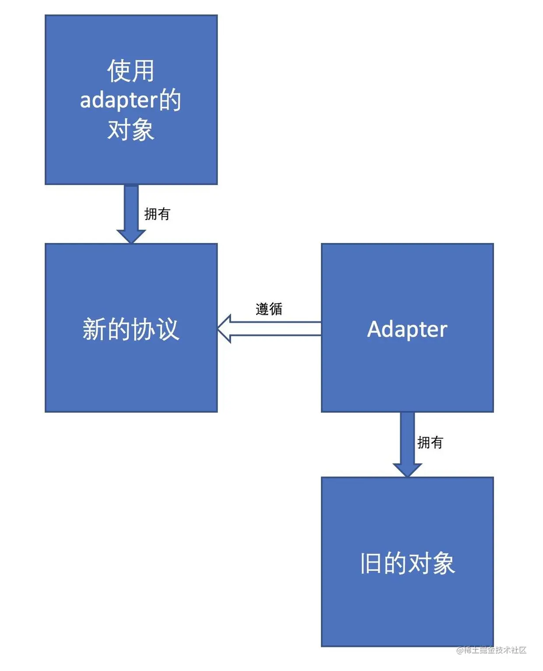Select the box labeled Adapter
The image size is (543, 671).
[407, 372]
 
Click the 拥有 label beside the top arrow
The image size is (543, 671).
[157, 214]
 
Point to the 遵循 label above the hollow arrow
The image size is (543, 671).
[269, 309]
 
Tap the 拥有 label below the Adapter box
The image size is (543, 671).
[430, 443]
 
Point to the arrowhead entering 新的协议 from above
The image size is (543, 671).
[131, 236]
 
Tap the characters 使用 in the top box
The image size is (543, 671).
[131, 71]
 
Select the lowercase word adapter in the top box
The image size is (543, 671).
[118, 101]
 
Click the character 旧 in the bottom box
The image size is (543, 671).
[370, 563]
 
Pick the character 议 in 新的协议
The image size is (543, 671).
[168, 329]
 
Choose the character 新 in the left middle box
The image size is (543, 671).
[94, 329]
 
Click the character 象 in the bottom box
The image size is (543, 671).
[443, 563]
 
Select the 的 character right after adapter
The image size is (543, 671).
[170, 100]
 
